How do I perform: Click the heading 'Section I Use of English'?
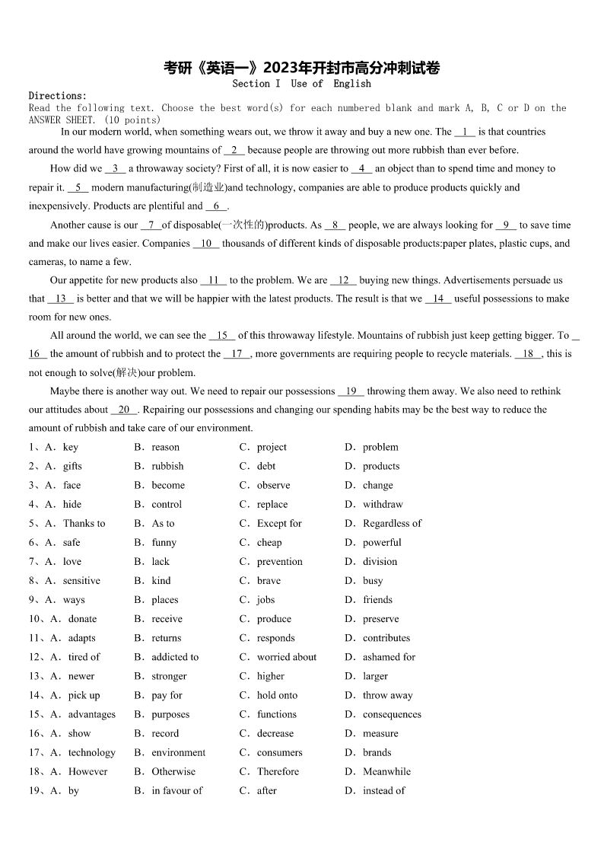301,84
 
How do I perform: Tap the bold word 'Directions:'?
58,96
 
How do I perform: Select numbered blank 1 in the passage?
465,132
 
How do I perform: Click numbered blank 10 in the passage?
205,244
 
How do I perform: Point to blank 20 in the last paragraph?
124,410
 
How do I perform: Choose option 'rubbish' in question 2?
167,466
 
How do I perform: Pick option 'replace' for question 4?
272,504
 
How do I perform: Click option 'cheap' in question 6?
269,542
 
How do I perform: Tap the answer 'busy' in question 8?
373,580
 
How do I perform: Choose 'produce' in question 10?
274,619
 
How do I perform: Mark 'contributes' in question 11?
386,638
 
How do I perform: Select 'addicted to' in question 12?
175,657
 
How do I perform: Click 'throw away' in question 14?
388,695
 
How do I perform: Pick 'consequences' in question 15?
392,714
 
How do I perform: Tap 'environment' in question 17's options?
178,752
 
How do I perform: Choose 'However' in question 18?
87,771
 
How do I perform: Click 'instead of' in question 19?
383,790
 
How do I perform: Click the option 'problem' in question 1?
380,447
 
